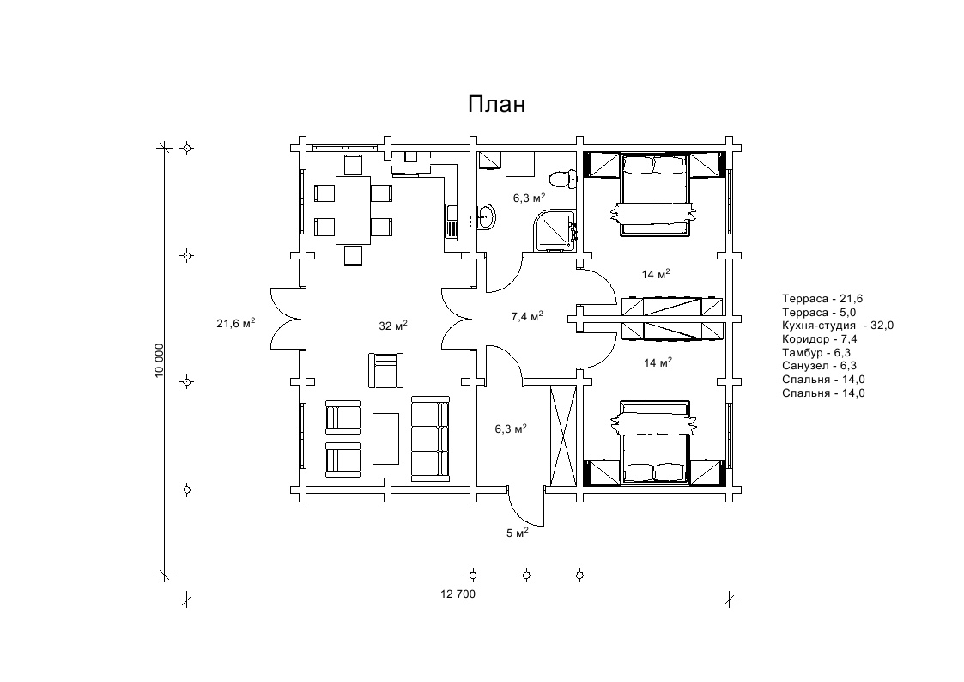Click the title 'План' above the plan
pyautogui.click(x=496, y=104)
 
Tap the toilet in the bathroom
pyautogui.click(x=562, y=179)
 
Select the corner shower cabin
pyautogui.click(x=555, y=230)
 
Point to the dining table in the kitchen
pyautogui.click(x=353, y=210)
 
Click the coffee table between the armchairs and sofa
pyautogui.click(x=385, y=438)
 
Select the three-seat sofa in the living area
pyautogui.click(x=430, y=438)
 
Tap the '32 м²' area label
pyautogui.click(x=393, y=326)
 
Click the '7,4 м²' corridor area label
pyautogui.click(x=527, y=317)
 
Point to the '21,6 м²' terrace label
pyautogui.click(x=235, y=324)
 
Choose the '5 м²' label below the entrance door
pyautogui.click(x=517, y=533)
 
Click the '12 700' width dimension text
pyautogui.click(x=458, y=594)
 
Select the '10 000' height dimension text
pyautogui.click(x=160, y=361)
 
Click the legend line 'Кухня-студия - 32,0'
pyautogui.click(x=838, y=326)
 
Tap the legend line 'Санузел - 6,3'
pyautogui.click(x=820, y=366)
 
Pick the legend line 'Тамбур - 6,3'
pyautogui.click(x=816, y=352)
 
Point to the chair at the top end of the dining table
pyautogui.click(x=354, y=166)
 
